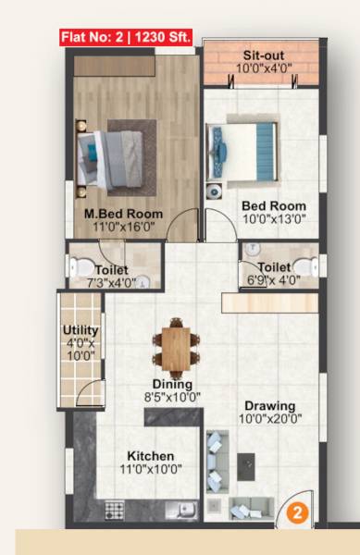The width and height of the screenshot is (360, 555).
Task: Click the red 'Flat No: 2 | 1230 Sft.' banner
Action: pos(124,38)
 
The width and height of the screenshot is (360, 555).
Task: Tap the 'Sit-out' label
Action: pos(263,55)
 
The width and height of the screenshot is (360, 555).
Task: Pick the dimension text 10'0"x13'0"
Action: pos(274,219)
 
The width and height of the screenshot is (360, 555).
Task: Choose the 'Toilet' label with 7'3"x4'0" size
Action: pos(111,270)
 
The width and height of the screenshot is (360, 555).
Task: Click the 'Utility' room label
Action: pos(80,330)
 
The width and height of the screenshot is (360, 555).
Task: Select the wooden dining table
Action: pos(173,344)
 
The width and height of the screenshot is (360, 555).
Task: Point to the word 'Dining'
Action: pos(173,384)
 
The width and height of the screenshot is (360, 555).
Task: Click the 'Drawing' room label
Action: pos(270,405)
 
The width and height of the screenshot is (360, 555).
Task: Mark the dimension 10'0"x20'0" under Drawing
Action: pos(270,419)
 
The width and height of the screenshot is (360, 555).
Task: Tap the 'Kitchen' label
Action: pos(150,456)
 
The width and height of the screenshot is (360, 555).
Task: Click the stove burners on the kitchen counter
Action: pos(115,508)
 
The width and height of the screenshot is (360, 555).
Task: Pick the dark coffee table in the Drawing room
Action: pos(246,464)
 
